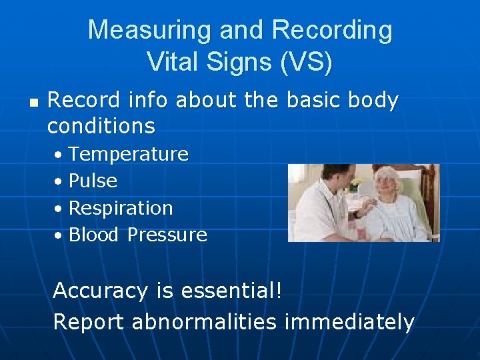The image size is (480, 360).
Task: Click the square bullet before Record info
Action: click(x=34, y=103)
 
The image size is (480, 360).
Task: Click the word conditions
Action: click(x=101, y=125)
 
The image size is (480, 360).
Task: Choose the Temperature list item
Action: click(x=129, y=154)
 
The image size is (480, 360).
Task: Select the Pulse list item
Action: click(x=93, y=181)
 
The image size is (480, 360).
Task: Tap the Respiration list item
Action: click(x=121, y=208)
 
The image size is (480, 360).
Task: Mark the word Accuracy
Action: click(x=100, y=291)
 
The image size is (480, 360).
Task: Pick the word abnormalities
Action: click(x=204, y=322)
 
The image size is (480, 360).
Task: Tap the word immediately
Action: click(x=349, y=322)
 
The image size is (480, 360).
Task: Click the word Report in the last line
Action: click(x=89, y=322)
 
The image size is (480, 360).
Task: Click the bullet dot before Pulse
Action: click(x=59, y=181)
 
